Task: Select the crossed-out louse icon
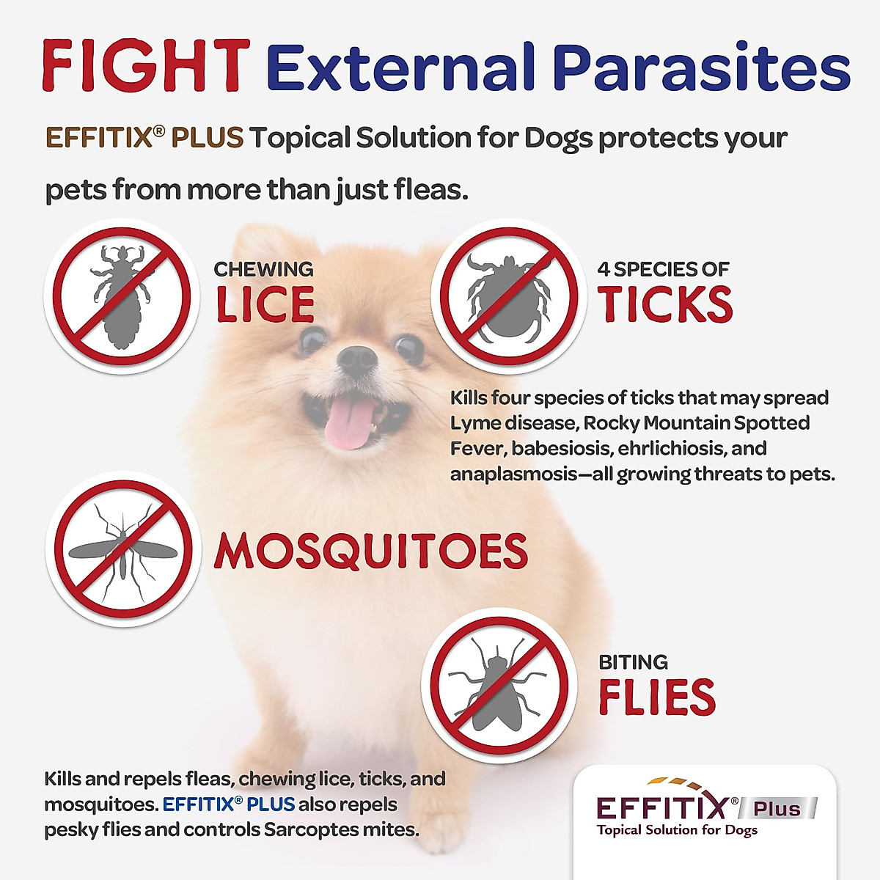click(x=122, y=296)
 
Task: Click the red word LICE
click(x=265, y=305)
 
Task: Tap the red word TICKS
click(x=665, y=304)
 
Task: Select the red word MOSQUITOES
click(x=370, y=551)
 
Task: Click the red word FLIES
click(x=657, y=697)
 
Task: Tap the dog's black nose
click(x=357, y=360)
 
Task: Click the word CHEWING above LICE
click(x=263, y=269)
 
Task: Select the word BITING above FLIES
click(x=633, y=662)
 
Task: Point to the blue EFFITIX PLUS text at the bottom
click(x=228, y=804)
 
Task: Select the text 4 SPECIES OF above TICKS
click(x=663, y=269)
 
